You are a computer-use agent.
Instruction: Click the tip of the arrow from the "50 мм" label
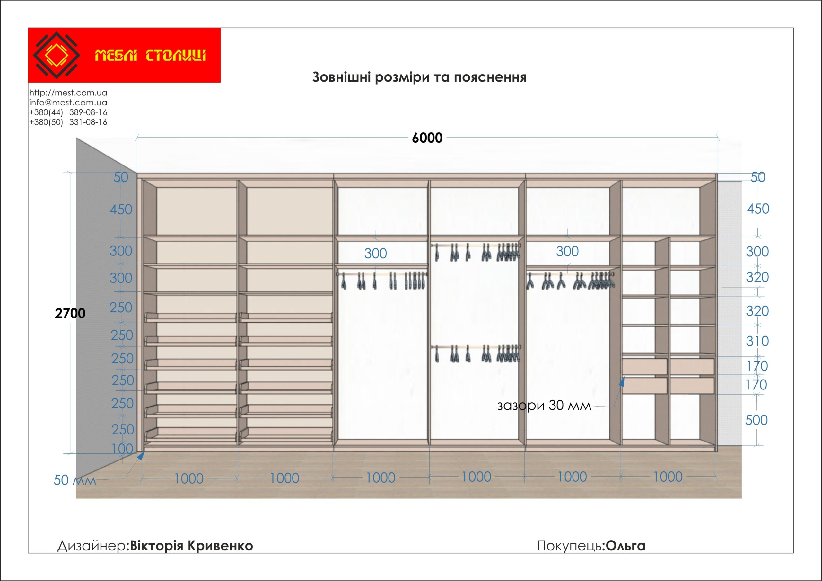144,451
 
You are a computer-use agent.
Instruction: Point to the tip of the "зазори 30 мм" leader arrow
624,377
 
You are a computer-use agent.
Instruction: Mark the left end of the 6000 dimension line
137,137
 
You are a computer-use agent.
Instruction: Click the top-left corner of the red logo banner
28,28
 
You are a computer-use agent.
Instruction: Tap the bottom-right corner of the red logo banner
221,82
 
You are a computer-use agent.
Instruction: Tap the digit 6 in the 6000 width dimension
415,138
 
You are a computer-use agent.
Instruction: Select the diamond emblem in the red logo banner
56,55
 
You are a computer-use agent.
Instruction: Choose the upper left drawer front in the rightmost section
644,366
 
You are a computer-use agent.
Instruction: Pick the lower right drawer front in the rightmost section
692,386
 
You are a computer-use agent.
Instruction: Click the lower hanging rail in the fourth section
476,347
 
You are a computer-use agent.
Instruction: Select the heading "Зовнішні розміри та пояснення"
419,77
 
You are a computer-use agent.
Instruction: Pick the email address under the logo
68,103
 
